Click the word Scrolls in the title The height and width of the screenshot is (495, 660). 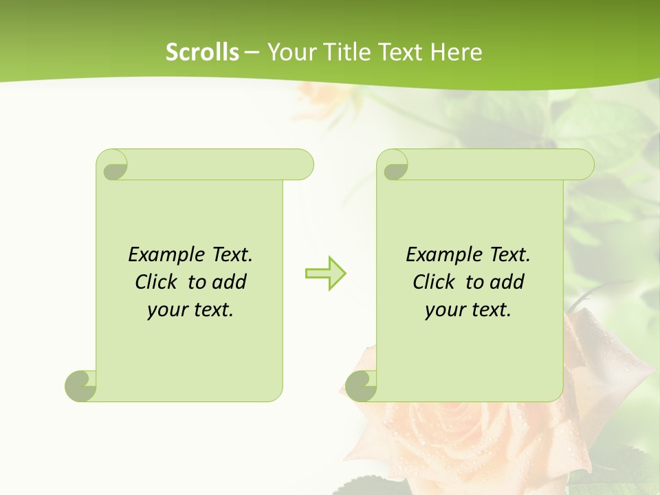202,52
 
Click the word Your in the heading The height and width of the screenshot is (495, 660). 289,52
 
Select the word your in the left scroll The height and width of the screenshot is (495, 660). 165,311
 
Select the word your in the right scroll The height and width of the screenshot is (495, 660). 443,311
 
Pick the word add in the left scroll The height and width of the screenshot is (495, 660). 230,283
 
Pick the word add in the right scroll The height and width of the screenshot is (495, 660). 507,283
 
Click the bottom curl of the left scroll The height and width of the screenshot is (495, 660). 81,386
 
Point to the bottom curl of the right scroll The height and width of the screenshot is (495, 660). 361,386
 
